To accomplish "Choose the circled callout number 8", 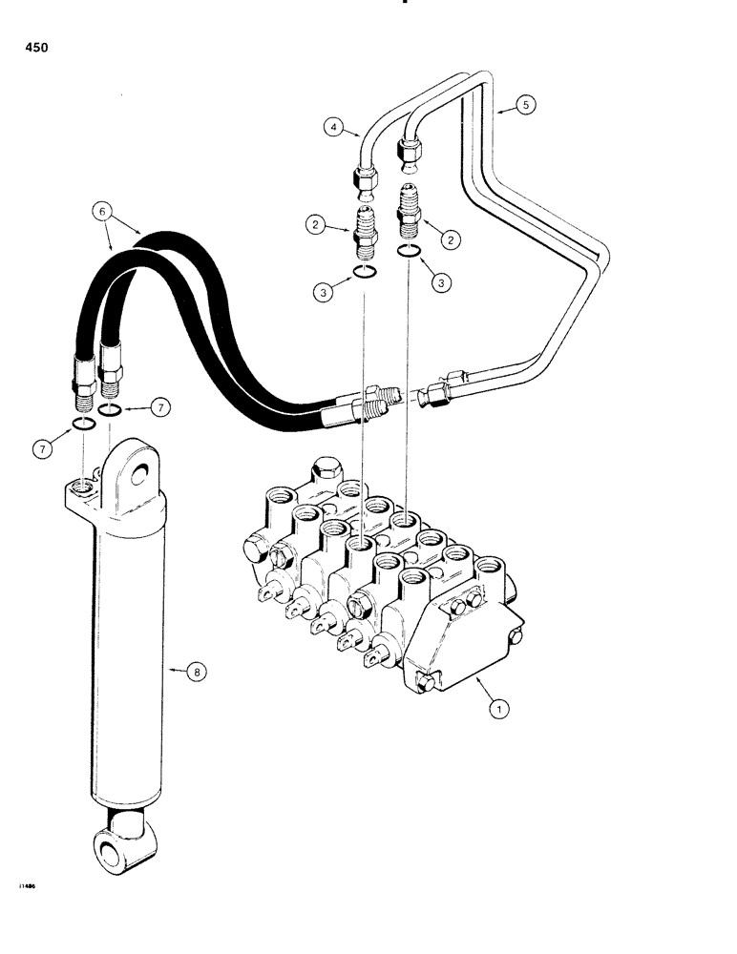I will click(197, 673).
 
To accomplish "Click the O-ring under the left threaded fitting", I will click(363, 274).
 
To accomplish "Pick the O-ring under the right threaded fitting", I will click(410, 251).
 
